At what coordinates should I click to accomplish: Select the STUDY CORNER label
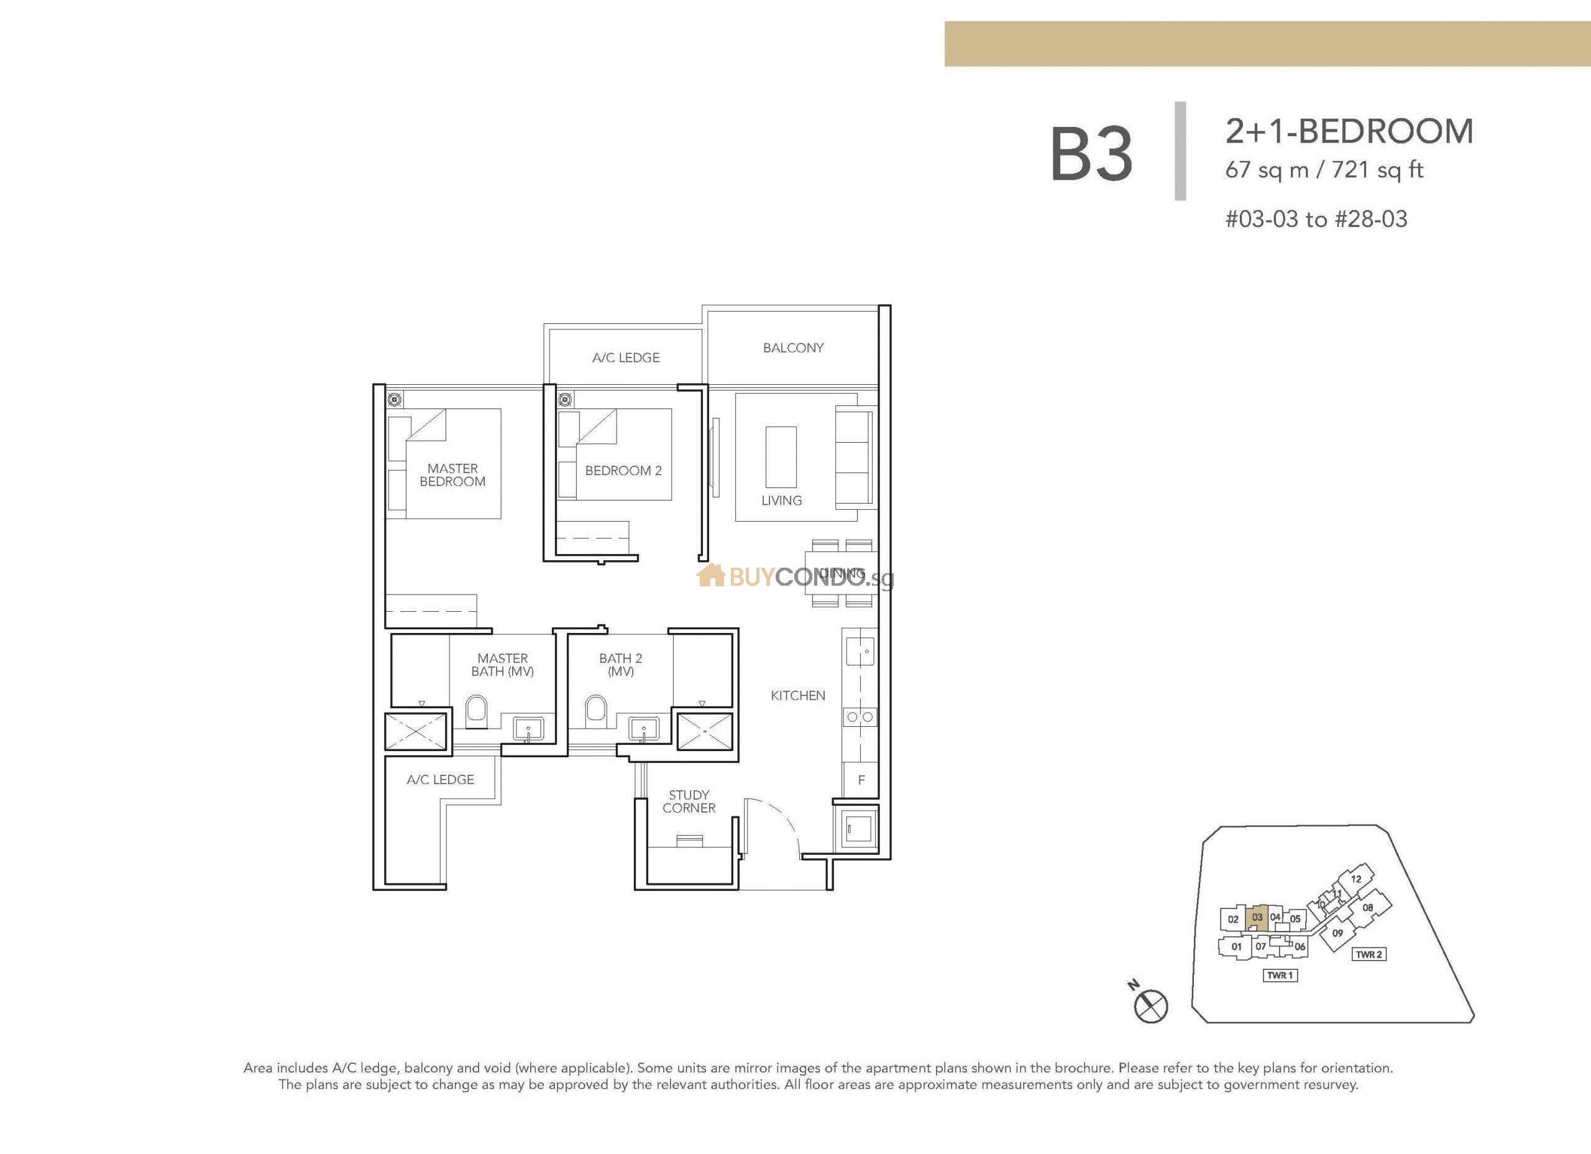pos(689,801)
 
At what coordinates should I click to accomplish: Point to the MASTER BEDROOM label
pos(452,475)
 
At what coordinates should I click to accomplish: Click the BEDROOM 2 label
pos(623,470)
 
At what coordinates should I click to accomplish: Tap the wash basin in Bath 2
pos(643,729)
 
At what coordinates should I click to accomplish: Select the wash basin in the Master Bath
pos(528,729)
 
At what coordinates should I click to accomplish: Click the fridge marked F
pos(861,780)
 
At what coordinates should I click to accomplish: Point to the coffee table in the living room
pos(781,457)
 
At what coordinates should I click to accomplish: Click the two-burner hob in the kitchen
pos(860,718)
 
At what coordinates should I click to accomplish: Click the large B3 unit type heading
pos(1091,154)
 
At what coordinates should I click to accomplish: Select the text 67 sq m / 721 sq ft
pos(1324,170)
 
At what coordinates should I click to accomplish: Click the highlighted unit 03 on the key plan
pos(1257,918)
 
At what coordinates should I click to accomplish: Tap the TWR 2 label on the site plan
pos(1369,954)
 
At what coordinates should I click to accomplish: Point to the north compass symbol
pos(1151,1006)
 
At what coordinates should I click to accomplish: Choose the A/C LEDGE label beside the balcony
pos(626,358)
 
